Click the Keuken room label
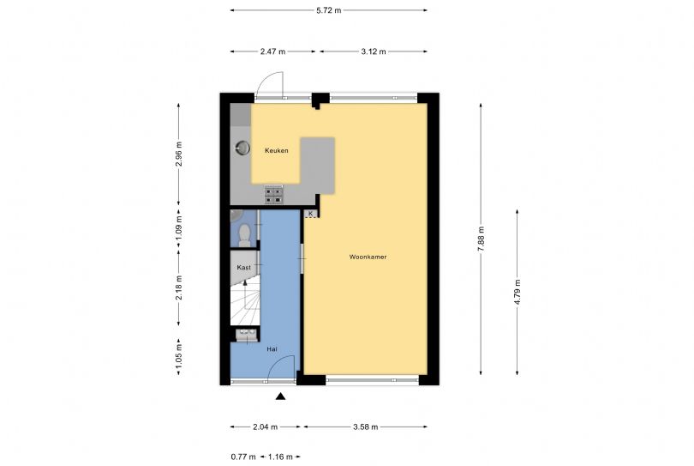tap(276, 151)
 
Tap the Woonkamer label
tap(368, 257)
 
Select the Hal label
tap(272, 349)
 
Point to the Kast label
tap(243, 268)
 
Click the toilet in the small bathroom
tap(244, 235)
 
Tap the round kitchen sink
tap(242, 148)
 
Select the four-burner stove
tap(274, 195)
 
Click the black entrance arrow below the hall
tap(280, 396)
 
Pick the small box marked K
tap(311, 214)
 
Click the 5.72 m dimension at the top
tap(328, 10)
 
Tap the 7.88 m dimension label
tap(482, 239)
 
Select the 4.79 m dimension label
tap(518, 292)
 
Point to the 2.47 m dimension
tap(272, 51)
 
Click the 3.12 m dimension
tap(373, 51)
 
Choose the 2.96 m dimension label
tap(179, 154)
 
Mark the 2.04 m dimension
tap(265, 427)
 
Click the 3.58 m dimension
tap(366, 427)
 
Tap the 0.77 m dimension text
tap(243, 457)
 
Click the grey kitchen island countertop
tap(318, 166)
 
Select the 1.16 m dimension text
tap(280, 457)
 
